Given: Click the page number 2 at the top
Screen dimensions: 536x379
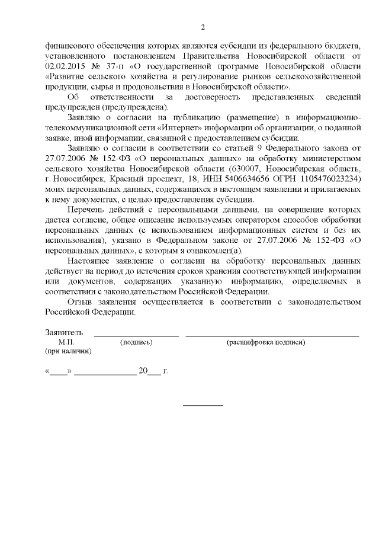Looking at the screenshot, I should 203,27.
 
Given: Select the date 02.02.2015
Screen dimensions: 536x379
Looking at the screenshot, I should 65,66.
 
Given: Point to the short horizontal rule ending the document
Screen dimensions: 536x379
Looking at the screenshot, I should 203,405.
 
